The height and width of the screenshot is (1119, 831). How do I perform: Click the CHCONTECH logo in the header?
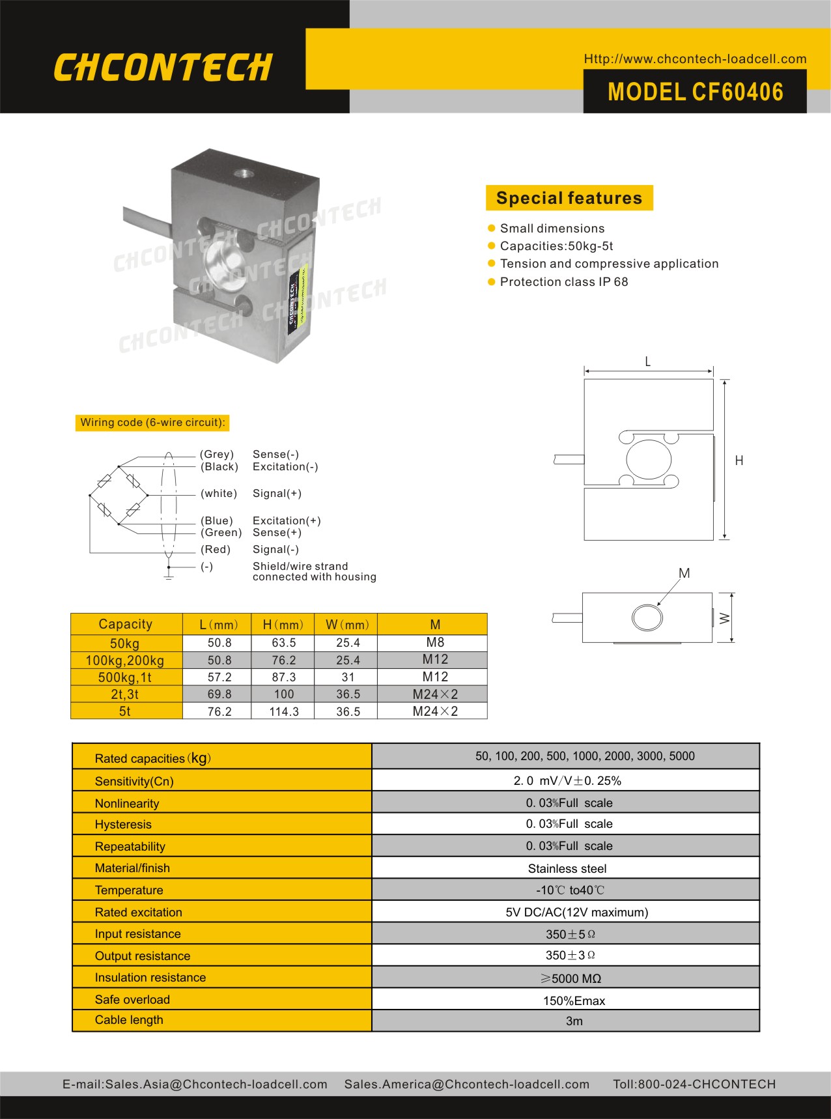[163, 68]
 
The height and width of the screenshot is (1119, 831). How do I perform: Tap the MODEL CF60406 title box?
[695, 92]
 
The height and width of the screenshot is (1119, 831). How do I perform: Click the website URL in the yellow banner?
[695, 59]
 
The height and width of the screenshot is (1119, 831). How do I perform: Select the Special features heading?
[569, 198]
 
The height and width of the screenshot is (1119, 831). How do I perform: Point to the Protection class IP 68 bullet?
[563, 282]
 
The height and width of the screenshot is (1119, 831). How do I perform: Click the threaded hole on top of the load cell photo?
[245, 174]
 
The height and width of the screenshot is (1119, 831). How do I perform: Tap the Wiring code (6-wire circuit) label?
[152, 423]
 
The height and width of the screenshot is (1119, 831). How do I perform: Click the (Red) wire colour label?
[216, 550]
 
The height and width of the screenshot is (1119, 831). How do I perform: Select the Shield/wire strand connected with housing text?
[314, 571]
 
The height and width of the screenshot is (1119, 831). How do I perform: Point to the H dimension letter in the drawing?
[739, 460]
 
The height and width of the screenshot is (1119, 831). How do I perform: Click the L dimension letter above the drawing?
[647, 361]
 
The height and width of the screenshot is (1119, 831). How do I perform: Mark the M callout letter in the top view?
[684, 573]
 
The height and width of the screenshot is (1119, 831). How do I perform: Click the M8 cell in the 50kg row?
[434, 642]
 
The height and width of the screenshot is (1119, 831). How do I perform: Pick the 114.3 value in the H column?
[284, 712]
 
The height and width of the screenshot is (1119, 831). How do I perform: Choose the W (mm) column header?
[347, 625]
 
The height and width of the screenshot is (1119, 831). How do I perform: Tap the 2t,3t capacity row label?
[125, 694]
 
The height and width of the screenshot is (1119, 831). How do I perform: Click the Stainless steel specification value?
[567, 869]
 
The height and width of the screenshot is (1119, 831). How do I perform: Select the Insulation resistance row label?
[150, 978]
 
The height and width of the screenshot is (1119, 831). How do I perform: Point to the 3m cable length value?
[574, 1021]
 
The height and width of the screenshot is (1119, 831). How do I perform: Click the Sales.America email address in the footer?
[466, 1084]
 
